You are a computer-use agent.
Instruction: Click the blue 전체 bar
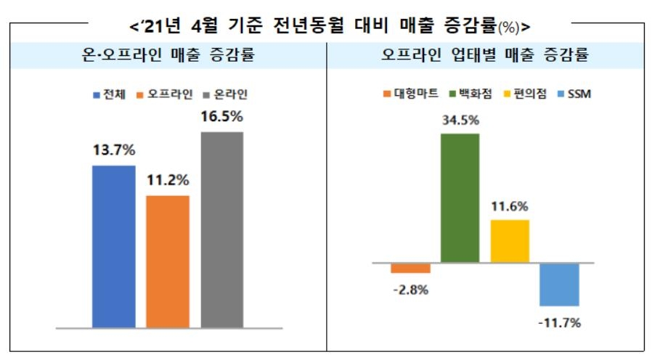pos(113,247)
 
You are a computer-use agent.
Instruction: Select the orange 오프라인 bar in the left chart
pos(168,261)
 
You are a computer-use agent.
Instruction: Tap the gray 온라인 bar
pos(222,229)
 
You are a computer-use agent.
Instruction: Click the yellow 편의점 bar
pos(510,240)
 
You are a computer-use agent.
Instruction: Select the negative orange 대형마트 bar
pos(410,268)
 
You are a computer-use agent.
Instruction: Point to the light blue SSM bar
pos(559,284)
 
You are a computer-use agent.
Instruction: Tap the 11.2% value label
pos(168,180)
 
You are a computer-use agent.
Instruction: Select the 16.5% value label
pos(222,117)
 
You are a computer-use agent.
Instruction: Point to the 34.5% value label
pos(460,118)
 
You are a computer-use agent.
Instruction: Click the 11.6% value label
pos(510,206)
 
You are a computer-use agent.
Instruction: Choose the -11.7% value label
pos(559,324)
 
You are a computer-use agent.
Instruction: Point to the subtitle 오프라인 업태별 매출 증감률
pos(485,55)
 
